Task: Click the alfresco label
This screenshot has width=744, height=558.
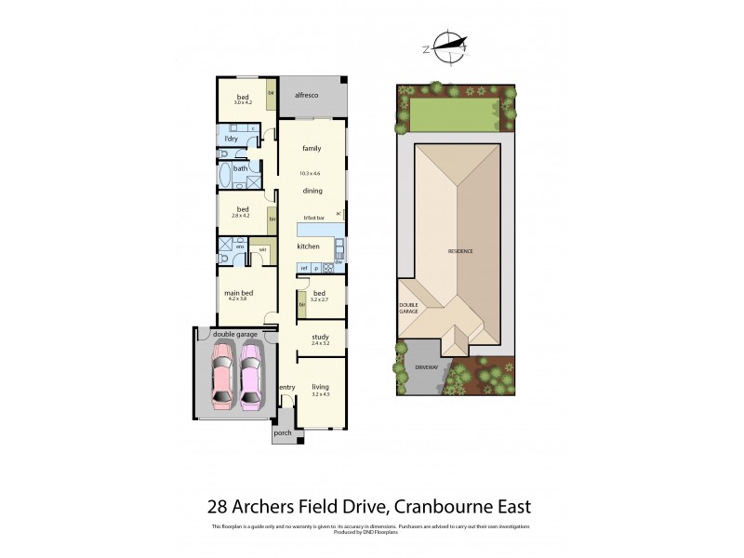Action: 307,95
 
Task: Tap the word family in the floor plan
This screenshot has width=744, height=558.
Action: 312,149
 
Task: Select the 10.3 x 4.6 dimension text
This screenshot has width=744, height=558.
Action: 310,173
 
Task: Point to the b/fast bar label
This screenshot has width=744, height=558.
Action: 313,218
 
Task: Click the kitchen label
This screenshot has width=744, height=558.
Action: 308,246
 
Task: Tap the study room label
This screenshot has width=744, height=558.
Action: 320,337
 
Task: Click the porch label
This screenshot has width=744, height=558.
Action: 282,432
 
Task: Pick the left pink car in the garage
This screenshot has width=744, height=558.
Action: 223,376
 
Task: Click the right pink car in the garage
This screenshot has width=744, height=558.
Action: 252,376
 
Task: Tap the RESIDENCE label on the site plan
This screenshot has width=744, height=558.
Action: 460,251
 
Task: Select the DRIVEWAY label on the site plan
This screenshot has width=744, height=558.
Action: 426,367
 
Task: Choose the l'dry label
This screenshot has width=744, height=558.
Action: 232,139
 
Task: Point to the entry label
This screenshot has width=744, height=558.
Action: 286,388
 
